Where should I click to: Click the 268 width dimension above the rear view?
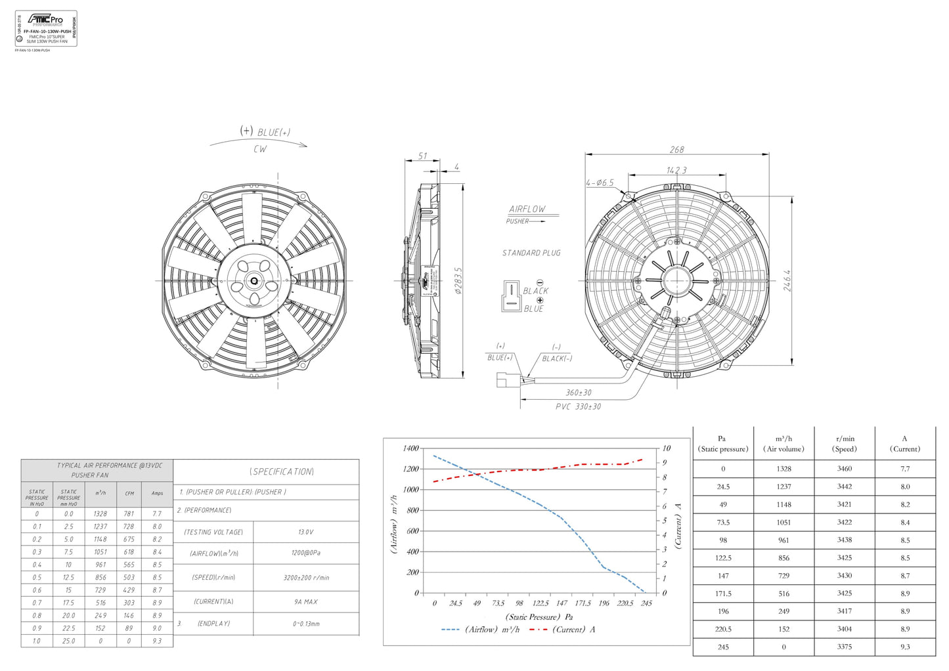676,150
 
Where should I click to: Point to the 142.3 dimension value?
676,170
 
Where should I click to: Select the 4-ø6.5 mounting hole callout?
600,183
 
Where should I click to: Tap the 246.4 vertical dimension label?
787,280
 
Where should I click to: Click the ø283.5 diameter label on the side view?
458,280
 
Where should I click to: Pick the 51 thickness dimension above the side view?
422,156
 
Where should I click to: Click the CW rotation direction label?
260,149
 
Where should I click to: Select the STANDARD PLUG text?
531,253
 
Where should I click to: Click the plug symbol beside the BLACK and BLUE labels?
511,296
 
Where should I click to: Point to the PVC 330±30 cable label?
578,406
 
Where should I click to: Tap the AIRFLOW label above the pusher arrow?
527,209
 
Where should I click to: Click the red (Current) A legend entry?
562,630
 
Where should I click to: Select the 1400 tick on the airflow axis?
410,448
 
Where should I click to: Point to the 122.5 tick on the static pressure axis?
540,603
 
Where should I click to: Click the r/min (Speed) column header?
845,444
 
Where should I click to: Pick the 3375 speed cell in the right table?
845,647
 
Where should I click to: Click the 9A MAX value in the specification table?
306,601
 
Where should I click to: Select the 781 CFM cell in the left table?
129,513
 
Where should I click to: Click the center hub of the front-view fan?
254,281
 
